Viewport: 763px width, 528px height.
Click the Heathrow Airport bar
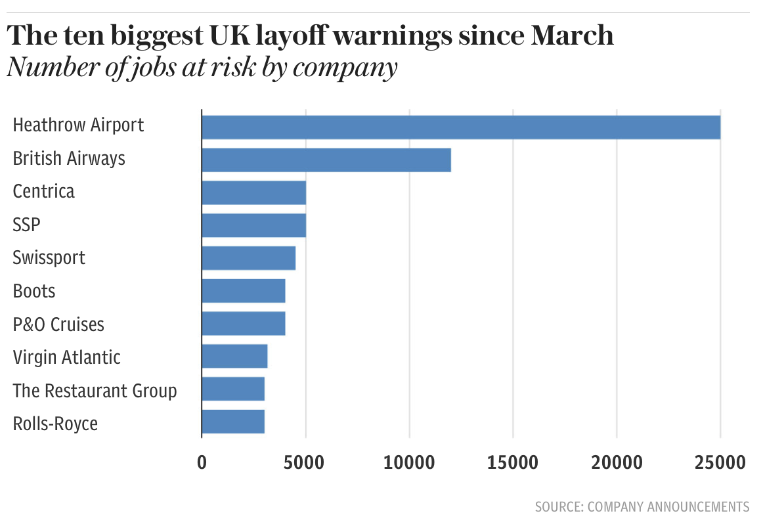[460, 127]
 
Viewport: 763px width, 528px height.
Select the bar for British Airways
[326, 160]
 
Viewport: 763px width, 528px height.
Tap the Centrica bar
[253, 192]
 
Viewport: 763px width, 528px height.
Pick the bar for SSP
[253, 225]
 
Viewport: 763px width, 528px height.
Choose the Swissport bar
[248, 258]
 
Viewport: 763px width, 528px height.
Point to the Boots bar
[243, 291]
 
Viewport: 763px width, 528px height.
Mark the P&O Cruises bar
[243, 324]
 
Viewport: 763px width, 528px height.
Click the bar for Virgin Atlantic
[234, 357]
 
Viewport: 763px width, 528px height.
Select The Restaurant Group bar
[233, 389]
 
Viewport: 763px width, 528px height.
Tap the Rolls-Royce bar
[233, 422]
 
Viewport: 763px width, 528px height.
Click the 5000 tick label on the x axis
[305, 462]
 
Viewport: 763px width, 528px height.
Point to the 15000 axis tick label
[513, 462]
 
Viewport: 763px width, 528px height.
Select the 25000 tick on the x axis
[720, 462]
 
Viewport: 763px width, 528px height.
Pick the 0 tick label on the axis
[202, 462]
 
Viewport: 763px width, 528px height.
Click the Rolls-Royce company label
[55, 424]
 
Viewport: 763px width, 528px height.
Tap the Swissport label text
[49, 257]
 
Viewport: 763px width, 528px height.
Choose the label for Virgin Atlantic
[67, 357]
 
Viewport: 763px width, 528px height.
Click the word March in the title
[571, 35]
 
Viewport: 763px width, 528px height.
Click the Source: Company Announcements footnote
[642, 506]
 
